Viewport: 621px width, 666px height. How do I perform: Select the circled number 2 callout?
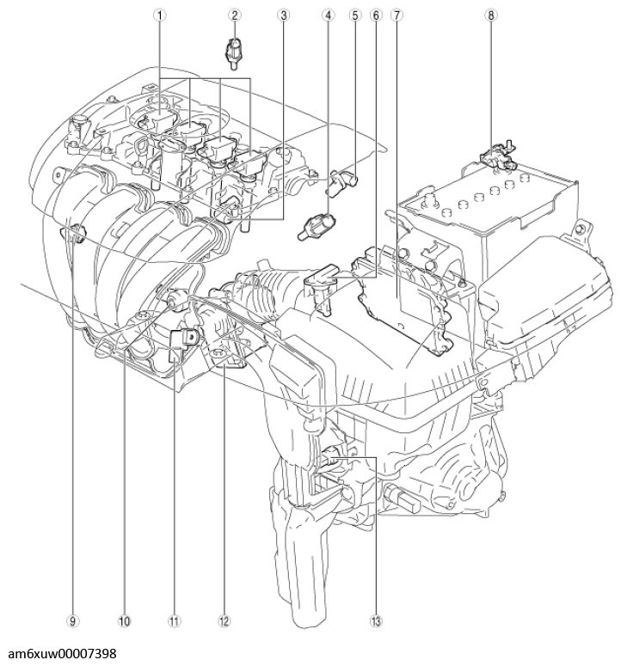click(234, 15)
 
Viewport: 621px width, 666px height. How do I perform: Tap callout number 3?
click(282, 15)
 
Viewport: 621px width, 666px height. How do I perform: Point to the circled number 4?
click(328, 15)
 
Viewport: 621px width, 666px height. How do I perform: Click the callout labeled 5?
click(354, 15)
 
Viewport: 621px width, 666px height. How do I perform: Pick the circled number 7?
click(396, 15)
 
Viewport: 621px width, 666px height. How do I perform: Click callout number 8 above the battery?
click(491, 15)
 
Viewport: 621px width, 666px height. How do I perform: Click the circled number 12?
click(225, 618)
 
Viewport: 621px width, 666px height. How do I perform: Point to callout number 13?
click(376, 618)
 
